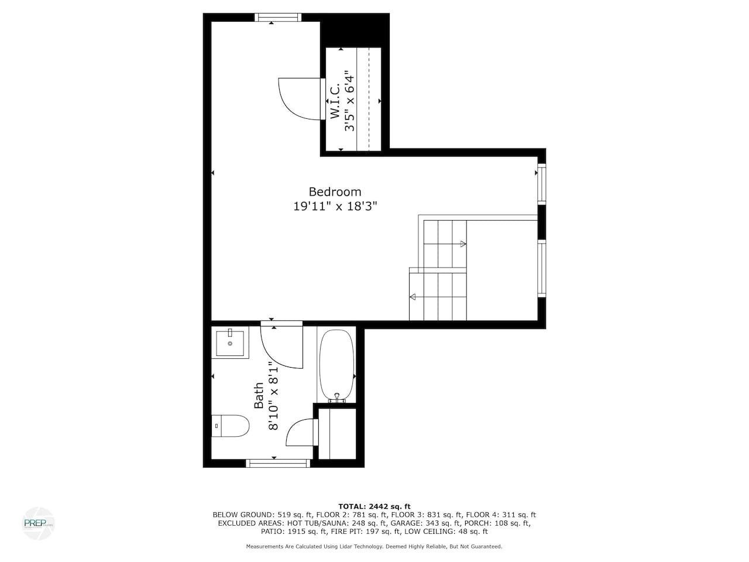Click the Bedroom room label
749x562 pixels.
(335, 192)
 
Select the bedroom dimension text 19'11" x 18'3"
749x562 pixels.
(335, 207)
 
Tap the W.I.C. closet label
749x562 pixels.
(335, 101)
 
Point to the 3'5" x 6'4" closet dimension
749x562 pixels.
(349, 101)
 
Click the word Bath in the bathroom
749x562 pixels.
(259, 396)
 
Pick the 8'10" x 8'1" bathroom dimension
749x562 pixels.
(273, 396)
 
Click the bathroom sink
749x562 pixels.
(230, 342)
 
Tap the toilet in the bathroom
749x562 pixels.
(231, 426)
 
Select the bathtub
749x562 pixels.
(336, 365)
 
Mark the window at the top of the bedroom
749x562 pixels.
(278, 17)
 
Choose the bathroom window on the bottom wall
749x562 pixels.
(278, 463)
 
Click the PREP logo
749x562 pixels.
(38, 523)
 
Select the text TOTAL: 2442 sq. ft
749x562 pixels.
(374, 506)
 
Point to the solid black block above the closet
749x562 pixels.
(355, 30)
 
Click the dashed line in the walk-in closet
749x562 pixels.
(369, 99)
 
